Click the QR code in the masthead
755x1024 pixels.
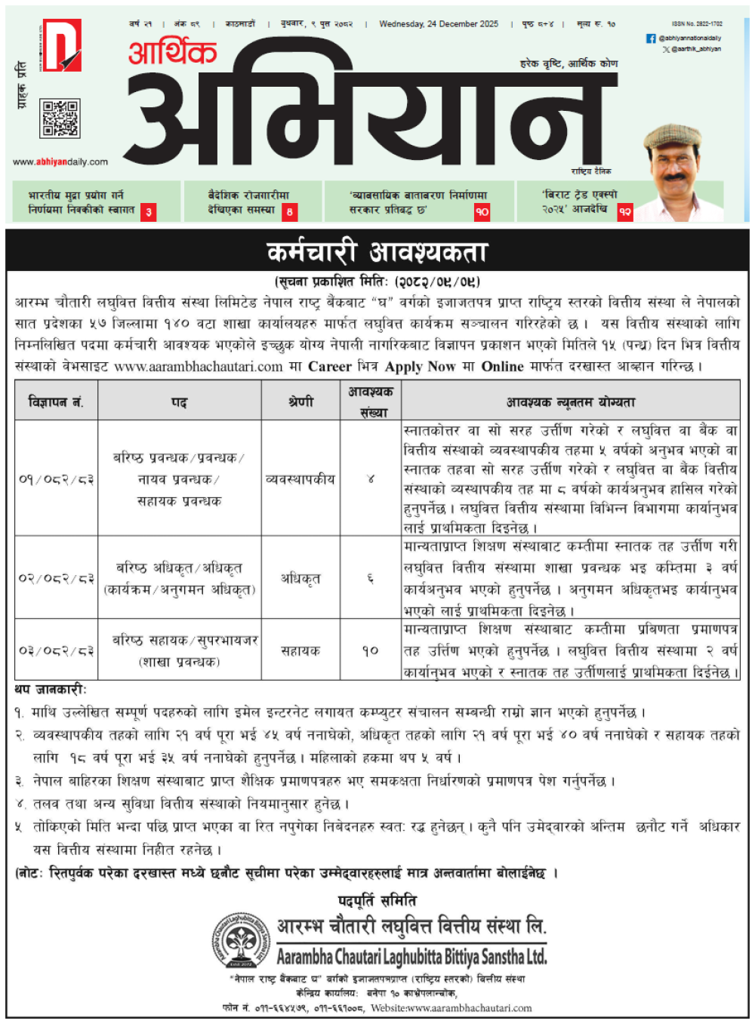click(x=60, y=118)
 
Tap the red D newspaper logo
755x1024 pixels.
click(x=61, y=45)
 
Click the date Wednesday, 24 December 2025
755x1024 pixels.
click(x=439, y=24)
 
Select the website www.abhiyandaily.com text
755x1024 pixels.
click(x=60, y=161)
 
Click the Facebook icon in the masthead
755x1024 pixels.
click(x=651, y=38)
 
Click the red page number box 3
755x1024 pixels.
click(x=149, y=212)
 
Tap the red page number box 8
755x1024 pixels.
click(x=290, y=212)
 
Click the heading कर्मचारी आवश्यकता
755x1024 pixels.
click(x=377, y=252)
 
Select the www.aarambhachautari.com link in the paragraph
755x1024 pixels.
click(x=199, y=367)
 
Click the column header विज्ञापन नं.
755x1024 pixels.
click(x=56, y=402)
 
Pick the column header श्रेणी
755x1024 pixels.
click(x=300, y=402)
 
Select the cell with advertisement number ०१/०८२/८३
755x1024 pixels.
click(x=56, y=478)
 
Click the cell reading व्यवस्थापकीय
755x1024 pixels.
click(x=300, y=478)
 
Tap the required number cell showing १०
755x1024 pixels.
click(x=370, y=650)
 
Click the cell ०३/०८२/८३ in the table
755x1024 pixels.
click(x=56, y=650)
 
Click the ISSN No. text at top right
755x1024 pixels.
click(x=696, y=24)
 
